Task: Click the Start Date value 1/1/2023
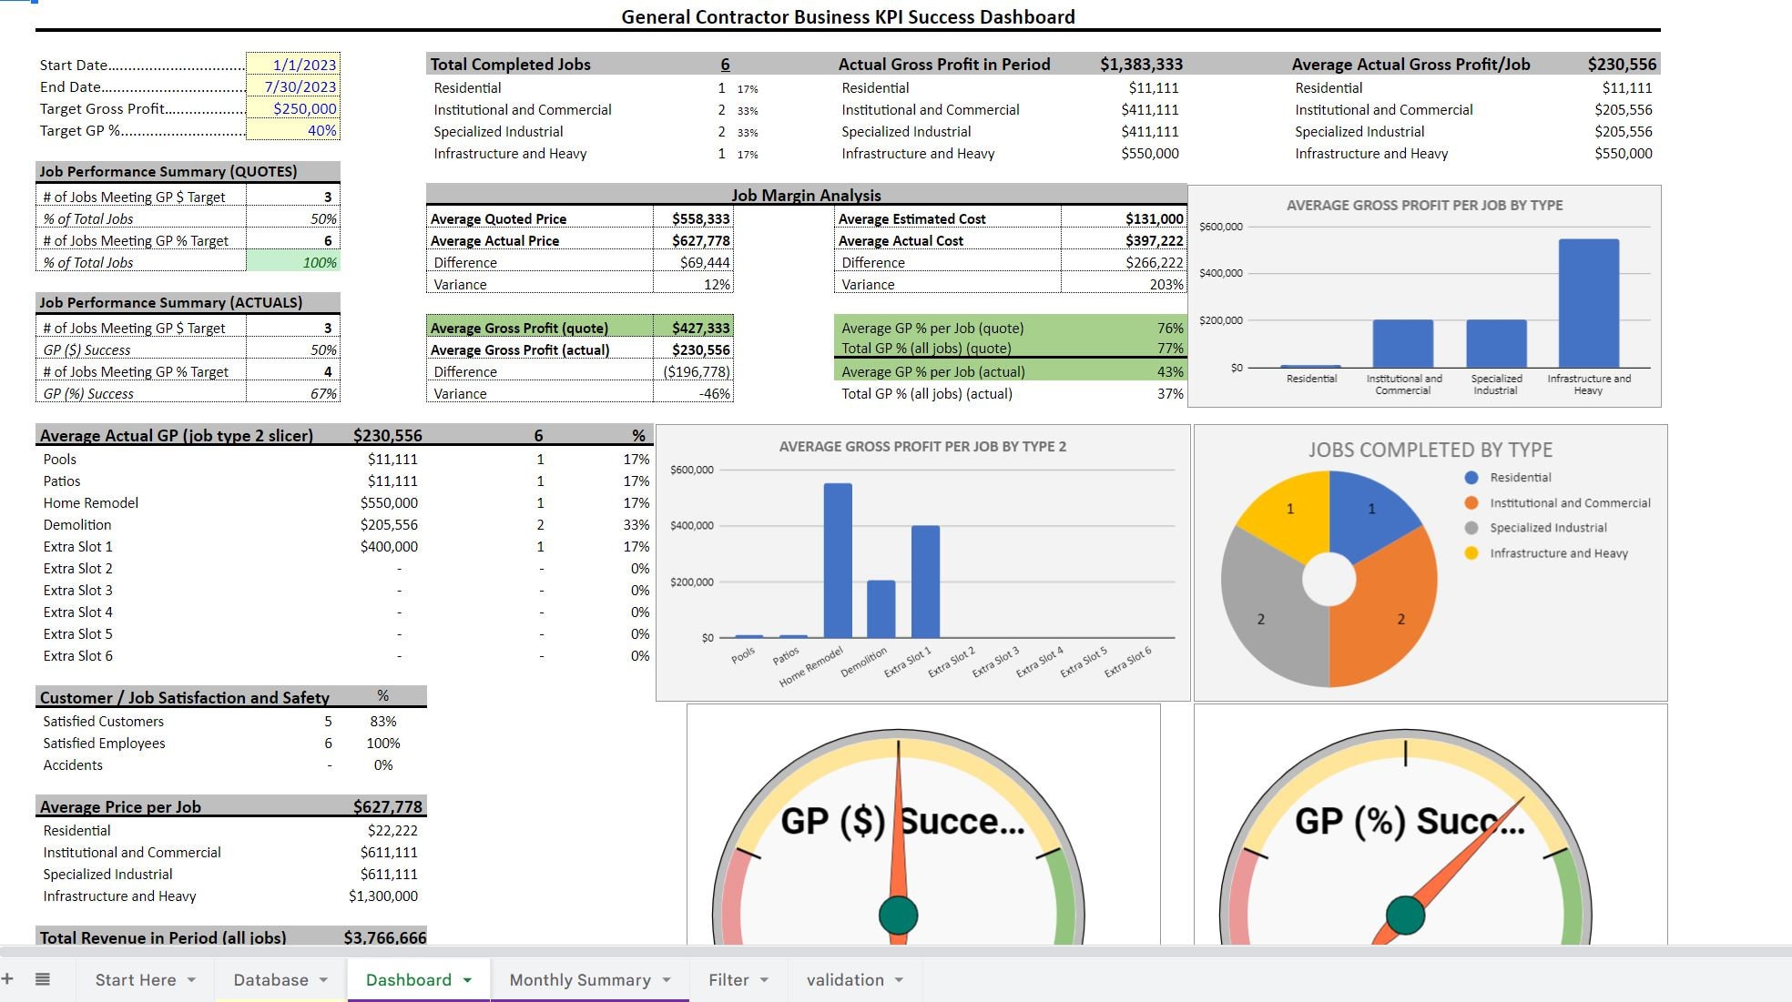(304, 65)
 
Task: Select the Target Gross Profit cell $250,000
(304, 108)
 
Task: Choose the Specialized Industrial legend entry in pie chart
(1548, 528)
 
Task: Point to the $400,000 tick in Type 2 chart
(692, 526)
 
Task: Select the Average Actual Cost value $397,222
(1154, 241)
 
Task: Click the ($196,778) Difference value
(697, 372)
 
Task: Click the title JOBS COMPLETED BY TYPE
(1430, 450)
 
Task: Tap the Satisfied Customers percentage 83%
(383, 722)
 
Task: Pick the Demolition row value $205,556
(389, 525)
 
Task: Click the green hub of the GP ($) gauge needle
(898, 916)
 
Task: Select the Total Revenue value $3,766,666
(385, 937)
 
